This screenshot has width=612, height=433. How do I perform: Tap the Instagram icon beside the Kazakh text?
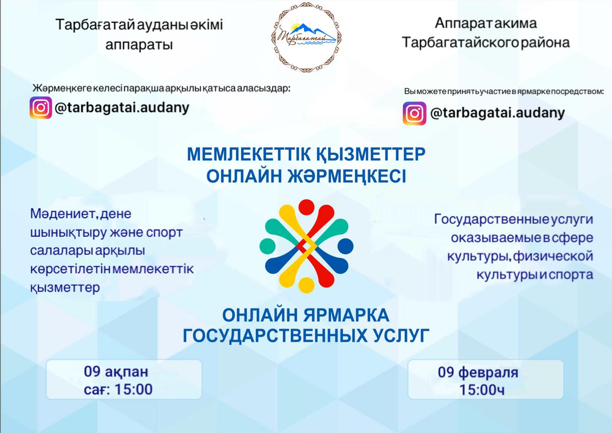(41, 108)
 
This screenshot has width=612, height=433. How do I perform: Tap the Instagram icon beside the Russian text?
(414, 113)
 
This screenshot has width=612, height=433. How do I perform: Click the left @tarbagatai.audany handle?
(122, 108)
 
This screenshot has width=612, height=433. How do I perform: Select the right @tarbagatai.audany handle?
(498, 113)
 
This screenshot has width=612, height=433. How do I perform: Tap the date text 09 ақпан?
(116, 372)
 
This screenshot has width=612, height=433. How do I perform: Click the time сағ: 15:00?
(118, 389)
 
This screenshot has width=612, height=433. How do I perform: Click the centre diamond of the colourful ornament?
(306, 246)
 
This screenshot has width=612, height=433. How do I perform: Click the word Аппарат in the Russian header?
(461, 23)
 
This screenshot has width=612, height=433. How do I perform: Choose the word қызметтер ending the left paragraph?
(66, 288)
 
